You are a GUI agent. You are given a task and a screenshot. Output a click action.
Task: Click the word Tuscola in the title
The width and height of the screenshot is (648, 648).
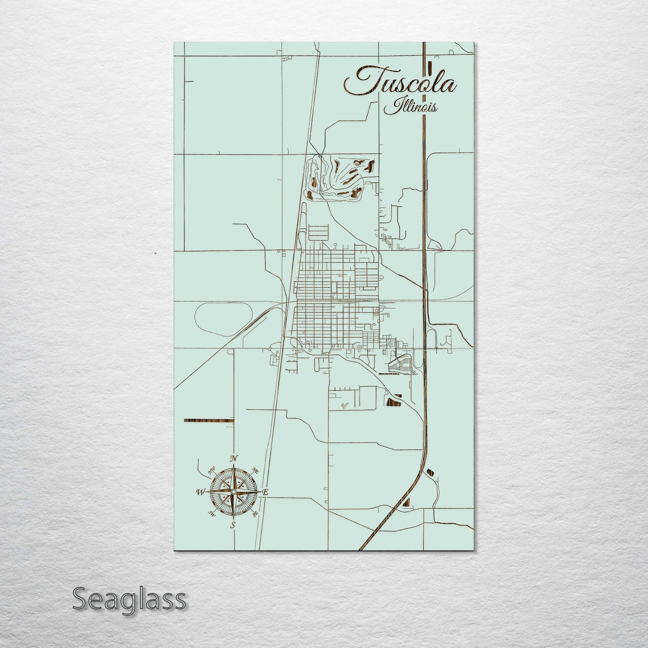coord(400,82)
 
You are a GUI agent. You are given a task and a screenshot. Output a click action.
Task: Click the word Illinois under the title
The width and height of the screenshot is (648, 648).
coord(411,107)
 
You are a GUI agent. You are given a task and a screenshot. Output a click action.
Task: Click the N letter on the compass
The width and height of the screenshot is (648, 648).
coord(233,458)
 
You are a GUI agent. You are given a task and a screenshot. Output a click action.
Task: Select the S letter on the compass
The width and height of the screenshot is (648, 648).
coord(233,525)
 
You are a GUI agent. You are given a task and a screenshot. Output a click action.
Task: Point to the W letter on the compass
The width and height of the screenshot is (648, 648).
coord(199,492)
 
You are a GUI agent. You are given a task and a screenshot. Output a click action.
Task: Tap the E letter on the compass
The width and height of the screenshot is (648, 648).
coord(265,492)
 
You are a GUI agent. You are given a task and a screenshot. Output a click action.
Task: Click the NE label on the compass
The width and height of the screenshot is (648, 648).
coord(256,470)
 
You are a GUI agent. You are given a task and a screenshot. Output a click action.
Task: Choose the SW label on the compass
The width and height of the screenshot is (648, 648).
coord(211,514)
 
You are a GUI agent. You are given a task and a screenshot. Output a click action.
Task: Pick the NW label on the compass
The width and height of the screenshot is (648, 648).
coord(211,471)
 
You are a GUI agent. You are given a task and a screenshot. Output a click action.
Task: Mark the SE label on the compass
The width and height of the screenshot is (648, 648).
coord(256,514)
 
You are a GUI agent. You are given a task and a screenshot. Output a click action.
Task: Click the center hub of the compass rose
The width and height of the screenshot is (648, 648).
coord(233,492)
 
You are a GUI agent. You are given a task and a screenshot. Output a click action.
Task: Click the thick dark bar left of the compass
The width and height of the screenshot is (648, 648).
coord(209,421)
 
